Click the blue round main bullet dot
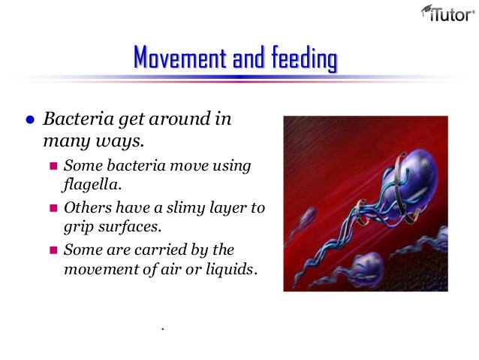click(30, 119)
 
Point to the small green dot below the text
click(162, 328)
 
